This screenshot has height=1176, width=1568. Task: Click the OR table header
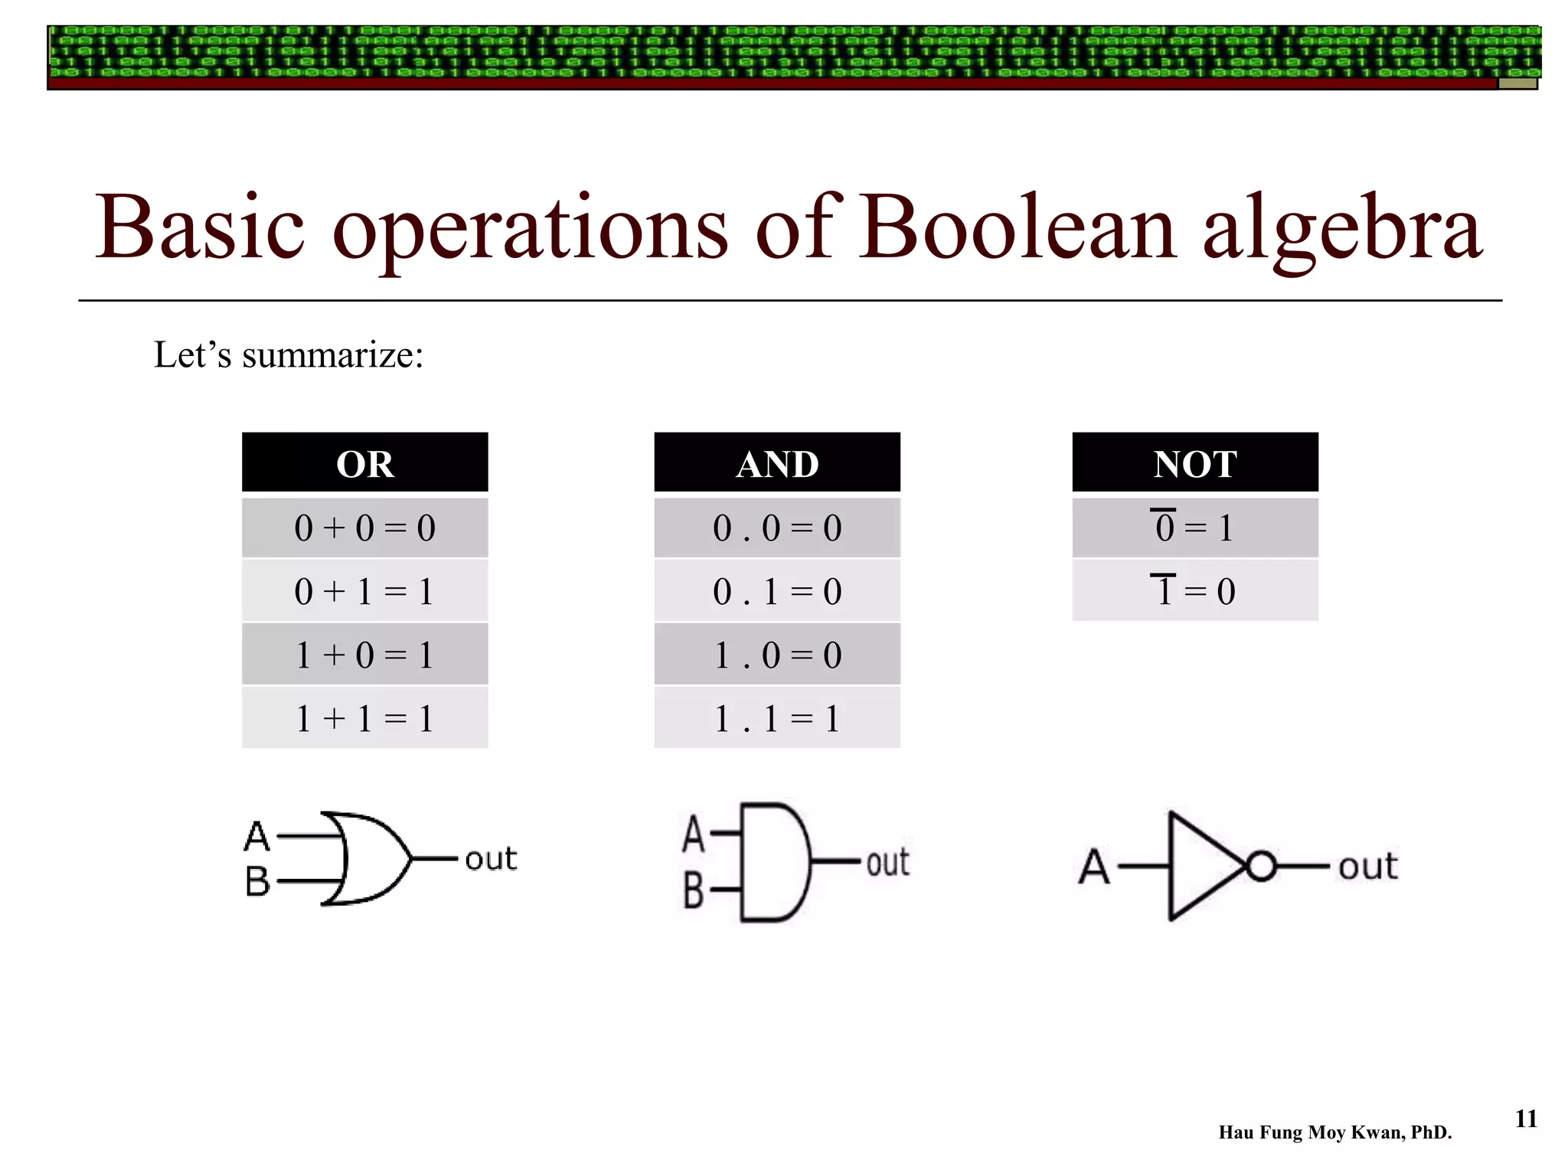click(x=364, y=462)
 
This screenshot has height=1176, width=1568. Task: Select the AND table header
click(x=777, y=462)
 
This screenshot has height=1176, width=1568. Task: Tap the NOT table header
click(x=1194, y=462)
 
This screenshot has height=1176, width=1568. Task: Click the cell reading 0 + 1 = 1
click(x=364, y=591)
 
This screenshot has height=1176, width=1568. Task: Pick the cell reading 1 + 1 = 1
click(x=364, y=718)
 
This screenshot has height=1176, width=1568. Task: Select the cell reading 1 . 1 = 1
click(x=777, y=718)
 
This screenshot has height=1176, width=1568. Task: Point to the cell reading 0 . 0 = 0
click(x=777, y=528)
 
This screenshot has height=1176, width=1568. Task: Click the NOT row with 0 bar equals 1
click(x=1194, y=528)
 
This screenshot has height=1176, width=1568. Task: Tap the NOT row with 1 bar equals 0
click(x=1194, y=591)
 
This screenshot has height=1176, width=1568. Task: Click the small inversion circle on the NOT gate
click(x=1261, y=866)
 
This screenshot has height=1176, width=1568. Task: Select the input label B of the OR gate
click(x=258, y=881)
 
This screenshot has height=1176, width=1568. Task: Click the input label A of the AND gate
click(x=693, y=834)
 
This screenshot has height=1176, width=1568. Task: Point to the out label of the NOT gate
click(x=1367, y=867)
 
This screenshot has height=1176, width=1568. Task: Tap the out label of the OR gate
click(x=491, y=859)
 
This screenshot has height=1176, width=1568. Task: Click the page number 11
click(x=1526, y=1119)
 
